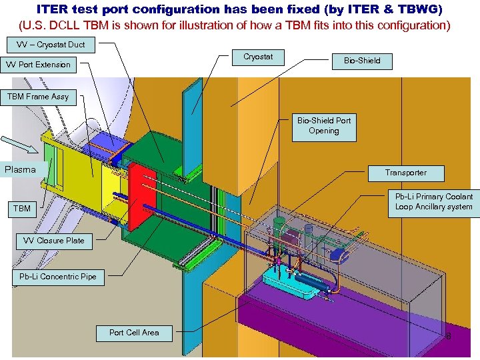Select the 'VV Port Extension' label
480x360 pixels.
[x=39, y=65]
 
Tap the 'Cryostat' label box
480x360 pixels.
[x=257, y=57]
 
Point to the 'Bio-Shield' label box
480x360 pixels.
[x=362, y=61]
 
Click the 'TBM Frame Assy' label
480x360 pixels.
[x=38, y=97]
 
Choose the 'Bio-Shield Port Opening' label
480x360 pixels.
[x=324, y=126]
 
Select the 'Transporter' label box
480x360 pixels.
[x=405, y=173]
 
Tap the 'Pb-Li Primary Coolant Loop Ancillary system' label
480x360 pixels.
[x=433, y=201]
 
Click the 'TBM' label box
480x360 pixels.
[x=22, y=209]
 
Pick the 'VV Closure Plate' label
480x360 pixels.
[x=54, y=241]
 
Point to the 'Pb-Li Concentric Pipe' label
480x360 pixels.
[x=58, y=277]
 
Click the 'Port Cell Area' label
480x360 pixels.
[x=134, y=332]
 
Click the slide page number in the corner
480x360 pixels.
[x=448, y=336]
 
